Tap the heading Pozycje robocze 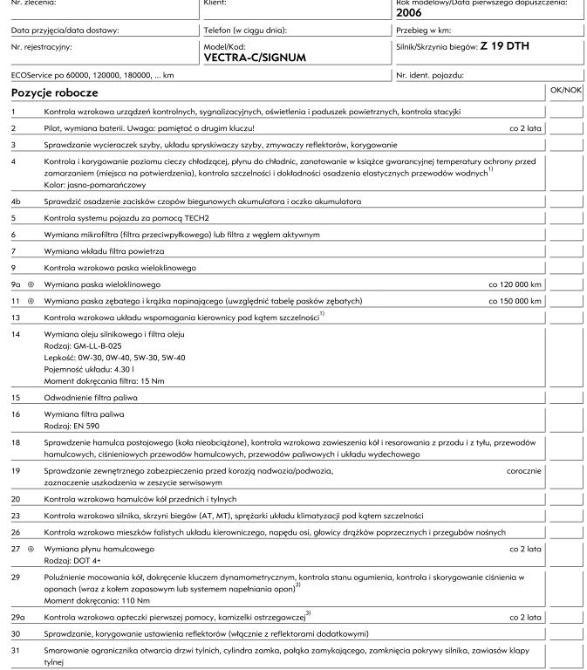point(54,92)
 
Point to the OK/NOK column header point(565,89)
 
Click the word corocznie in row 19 point(523,469)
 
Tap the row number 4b point(16,201)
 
